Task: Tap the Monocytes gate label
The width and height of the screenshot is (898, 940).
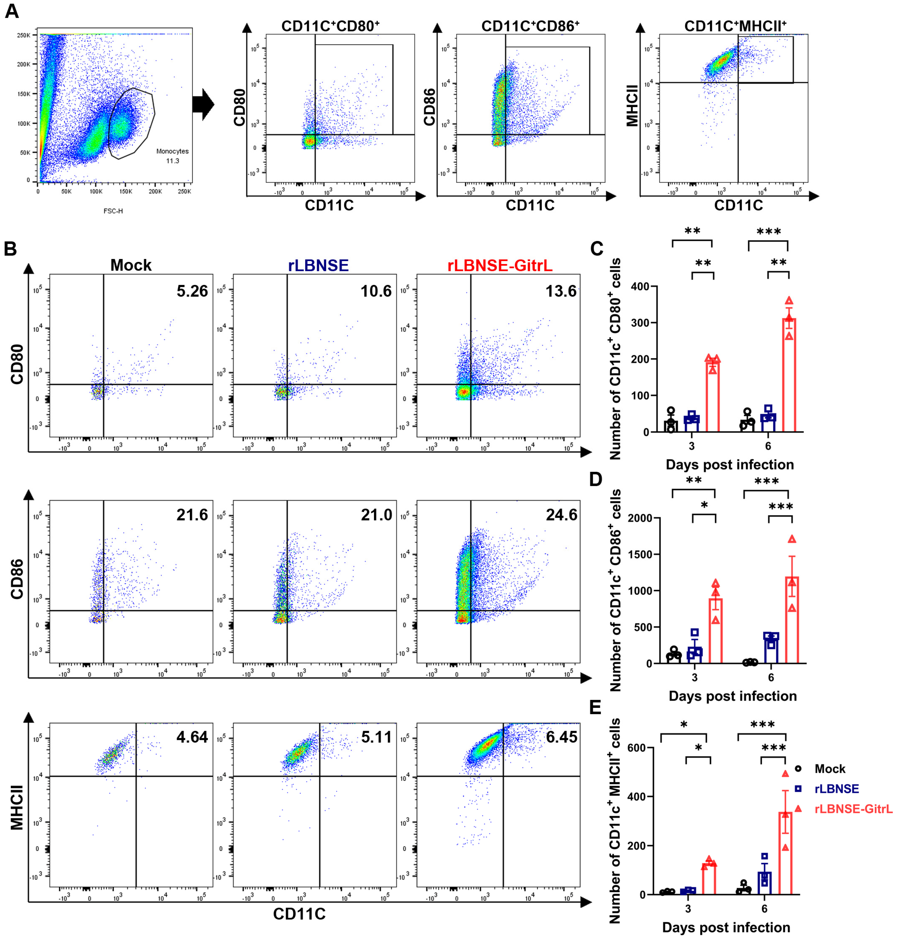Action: pos(172,151)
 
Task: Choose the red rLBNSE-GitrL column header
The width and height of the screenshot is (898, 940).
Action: pos(500,265)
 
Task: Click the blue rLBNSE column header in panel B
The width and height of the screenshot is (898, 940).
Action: pos(318,265)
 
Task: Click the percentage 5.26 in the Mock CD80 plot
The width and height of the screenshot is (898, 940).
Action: pos(192,291)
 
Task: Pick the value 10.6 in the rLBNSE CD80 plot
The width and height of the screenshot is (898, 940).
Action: pos(376,291)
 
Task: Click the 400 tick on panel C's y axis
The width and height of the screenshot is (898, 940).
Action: pos(640,287)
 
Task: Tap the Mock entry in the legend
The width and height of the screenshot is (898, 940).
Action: pos(829,769)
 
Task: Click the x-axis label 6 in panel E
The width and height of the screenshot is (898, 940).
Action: pos(765,908)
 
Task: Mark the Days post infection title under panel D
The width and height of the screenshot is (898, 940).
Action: pos(732,696)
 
